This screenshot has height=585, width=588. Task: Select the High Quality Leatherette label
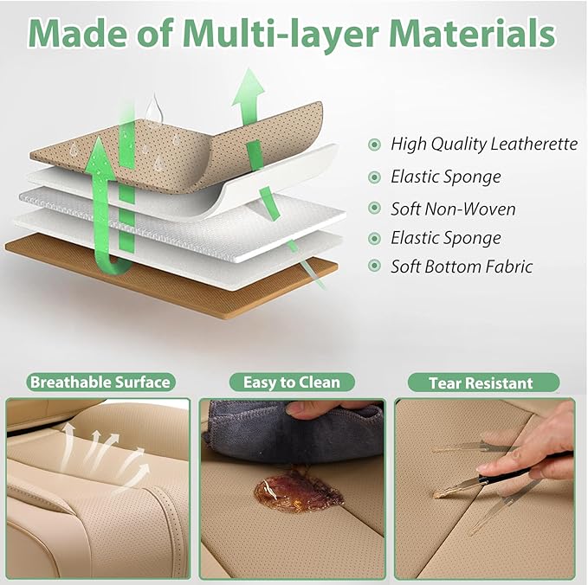tap(483, 145)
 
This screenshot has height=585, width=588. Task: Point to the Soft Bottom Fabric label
tap(462, 266)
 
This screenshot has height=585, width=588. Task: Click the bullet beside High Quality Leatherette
tap(374, 145)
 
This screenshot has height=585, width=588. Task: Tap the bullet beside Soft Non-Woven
tap(374, 209)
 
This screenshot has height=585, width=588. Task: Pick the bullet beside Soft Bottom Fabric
tap(374, 266)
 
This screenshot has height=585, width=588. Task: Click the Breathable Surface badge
tap(100, 382)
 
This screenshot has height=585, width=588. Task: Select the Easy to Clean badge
tap(292, 382)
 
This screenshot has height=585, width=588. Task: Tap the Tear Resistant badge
tap(481, 382)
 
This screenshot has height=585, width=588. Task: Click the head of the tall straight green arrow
tap(250, 87)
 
